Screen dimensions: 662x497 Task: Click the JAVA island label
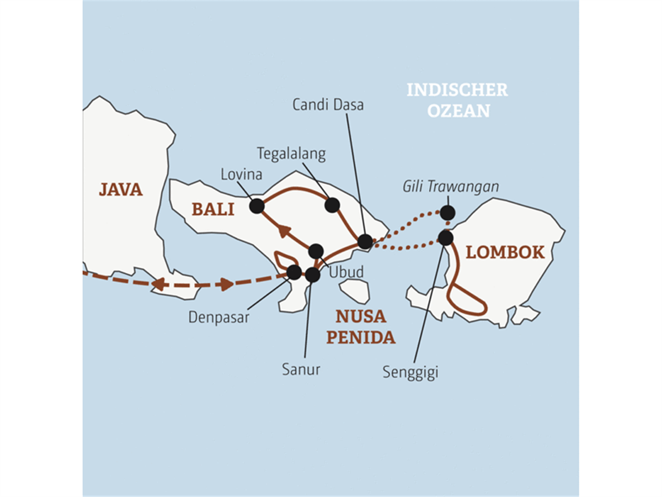pos(121,189)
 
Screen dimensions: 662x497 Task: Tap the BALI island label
pos(213,209)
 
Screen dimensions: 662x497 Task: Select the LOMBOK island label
pos(505,252)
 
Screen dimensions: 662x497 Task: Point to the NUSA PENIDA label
pos(361,327)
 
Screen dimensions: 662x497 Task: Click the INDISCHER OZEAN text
pos(457,101)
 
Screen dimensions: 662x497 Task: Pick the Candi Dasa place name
pos(328,105)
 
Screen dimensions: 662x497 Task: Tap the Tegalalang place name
pos(291,154)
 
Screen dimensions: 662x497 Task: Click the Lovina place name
pos(241,175)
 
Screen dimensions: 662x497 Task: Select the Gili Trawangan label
pos(451,187)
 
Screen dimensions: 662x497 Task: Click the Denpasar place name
pos(218,318)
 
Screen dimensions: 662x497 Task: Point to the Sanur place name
pos(301,369)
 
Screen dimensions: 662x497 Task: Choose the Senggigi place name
pos(410,372)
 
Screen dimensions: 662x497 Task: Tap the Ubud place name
pos(346,272)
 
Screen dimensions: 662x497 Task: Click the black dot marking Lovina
pos(257,207)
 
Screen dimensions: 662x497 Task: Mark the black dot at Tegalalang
pos(332,205)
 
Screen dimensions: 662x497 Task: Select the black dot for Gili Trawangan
pos(447,213)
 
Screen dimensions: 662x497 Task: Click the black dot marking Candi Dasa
pos(365,241)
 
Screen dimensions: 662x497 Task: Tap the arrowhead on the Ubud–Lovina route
pos(284,231)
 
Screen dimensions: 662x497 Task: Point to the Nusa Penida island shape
pos(355,291)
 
